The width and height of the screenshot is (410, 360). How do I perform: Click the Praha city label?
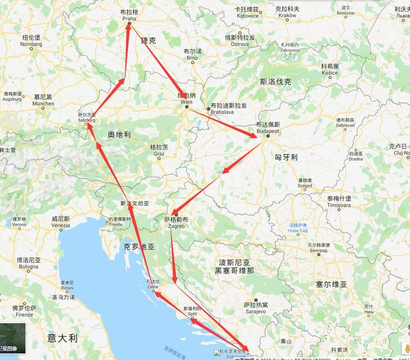(130, 19)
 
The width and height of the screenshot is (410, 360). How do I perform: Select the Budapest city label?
(268, 132)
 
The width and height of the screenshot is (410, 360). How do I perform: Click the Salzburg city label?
(86, 120)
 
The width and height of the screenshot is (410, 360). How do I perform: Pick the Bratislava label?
(222, 112)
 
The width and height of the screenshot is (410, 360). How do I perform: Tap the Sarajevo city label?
(256, 311)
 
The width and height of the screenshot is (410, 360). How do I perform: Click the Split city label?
(192, 315)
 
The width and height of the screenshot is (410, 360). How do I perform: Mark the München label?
(43, 103)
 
